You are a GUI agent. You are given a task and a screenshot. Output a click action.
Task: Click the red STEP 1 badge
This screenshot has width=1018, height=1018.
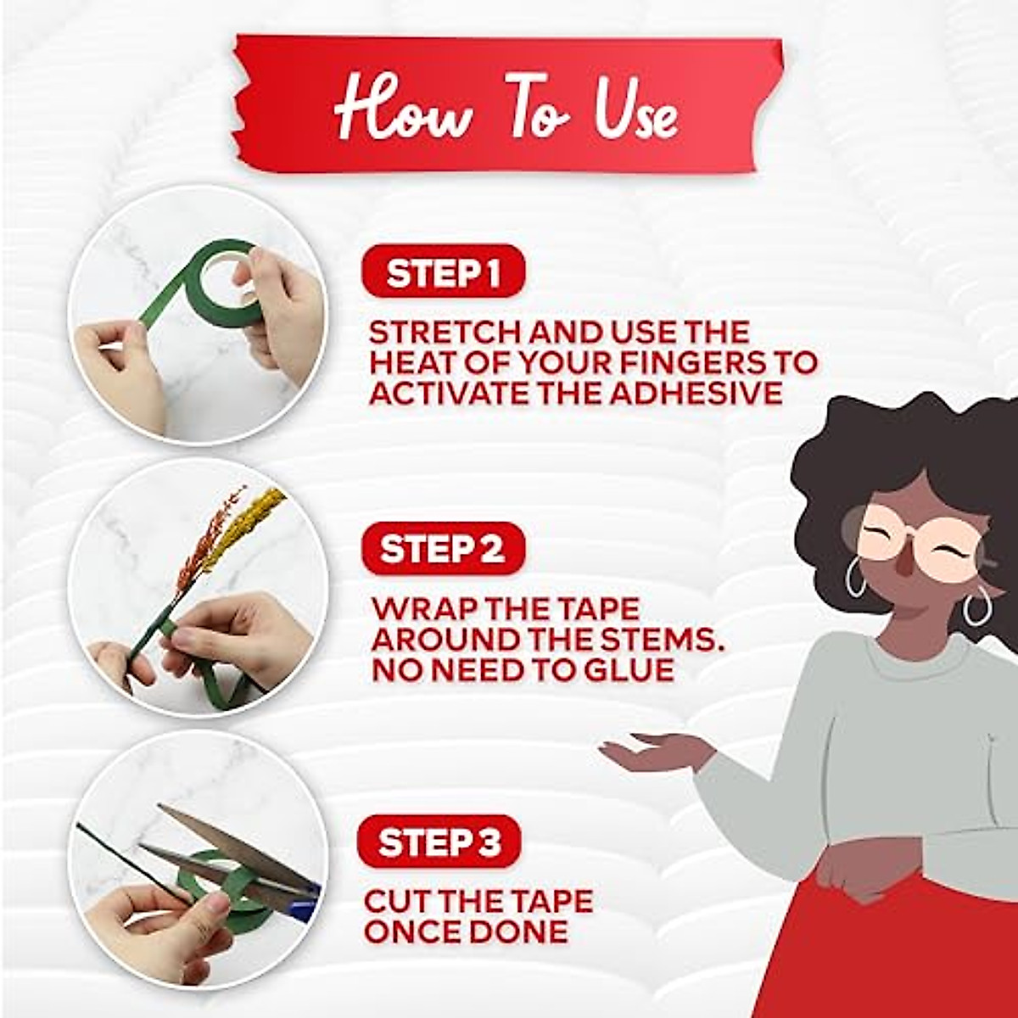coord(444,271)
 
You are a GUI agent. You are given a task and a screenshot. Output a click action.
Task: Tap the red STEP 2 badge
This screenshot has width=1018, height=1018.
coord(444,548)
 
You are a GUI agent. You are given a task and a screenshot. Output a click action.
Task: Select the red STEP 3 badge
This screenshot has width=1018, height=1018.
coord(439,842)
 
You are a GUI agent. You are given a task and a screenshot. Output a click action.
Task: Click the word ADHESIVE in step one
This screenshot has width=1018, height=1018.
coord(696,393)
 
